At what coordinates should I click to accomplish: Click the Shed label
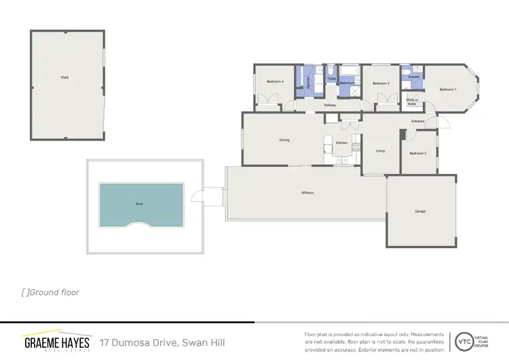(64, 77)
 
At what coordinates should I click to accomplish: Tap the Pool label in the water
(139, 203)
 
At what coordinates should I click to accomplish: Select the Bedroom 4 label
(275, 82)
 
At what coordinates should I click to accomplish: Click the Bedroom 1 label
(447, 90)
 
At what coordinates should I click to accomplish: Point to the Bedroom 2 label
(418, 154)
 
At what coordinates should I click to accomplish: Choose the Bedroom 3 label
(381, 83)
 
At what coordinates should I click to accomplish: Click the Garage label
(420, 211)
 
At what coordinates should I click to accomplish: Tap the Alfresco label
(307, 193)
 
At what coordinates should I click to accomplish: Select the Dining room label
(284, 141)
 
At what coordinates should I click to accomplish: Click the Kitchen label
(342, 143)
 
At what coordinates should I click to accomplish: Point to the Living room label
(380, 150)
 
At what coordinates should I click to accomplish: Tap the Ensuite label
(413, 77)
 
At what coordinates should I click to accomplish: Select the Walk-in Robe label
(412, 101)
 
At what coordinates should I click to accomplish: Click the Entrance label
(417, 122)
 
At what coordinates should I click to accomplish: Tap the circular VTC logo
(464, 340)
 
